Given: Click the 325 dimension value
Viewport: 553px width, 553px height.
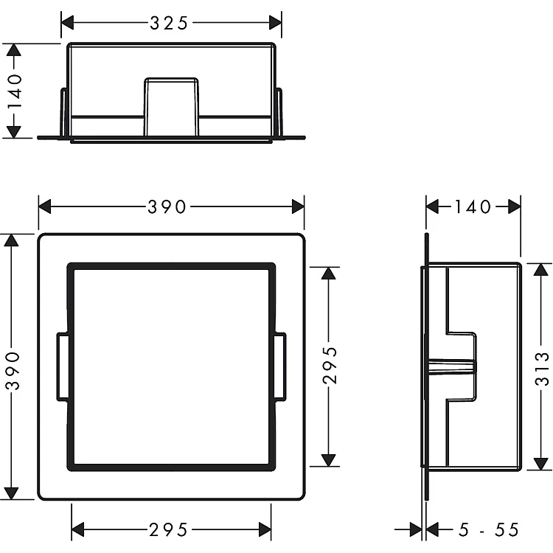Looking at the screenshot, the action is (x=169, y=24).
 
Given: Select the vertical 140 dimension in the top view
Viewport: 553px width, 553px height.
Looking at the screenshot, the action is (x=14, y=91).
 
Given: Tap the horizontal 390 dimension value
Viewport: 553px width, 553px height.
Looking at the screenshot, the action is (x=167, y=206).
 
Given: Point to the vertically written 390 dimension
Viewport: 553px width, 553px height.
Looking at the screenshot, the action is (x=13, y=370).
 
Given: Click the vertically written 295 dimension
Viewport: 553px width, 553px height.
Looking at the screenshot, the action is (x=330, y=365).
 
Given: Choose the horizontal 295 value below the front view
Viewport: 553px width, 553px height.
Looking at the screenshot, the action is (x=168, y=529).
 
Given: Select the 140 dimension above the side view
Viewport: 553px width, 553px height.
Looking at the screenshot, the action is (x=473, y=206).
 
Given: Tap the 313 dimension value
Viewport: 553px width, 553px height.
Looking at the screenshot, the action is (x=542, y=369).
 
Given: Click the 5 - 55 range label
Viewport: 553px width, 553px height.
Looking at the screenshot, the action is (x=489, y=529).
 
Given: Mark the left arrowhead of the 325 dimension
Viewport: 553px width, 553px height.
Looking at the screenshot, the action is (x=67, y=23).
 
